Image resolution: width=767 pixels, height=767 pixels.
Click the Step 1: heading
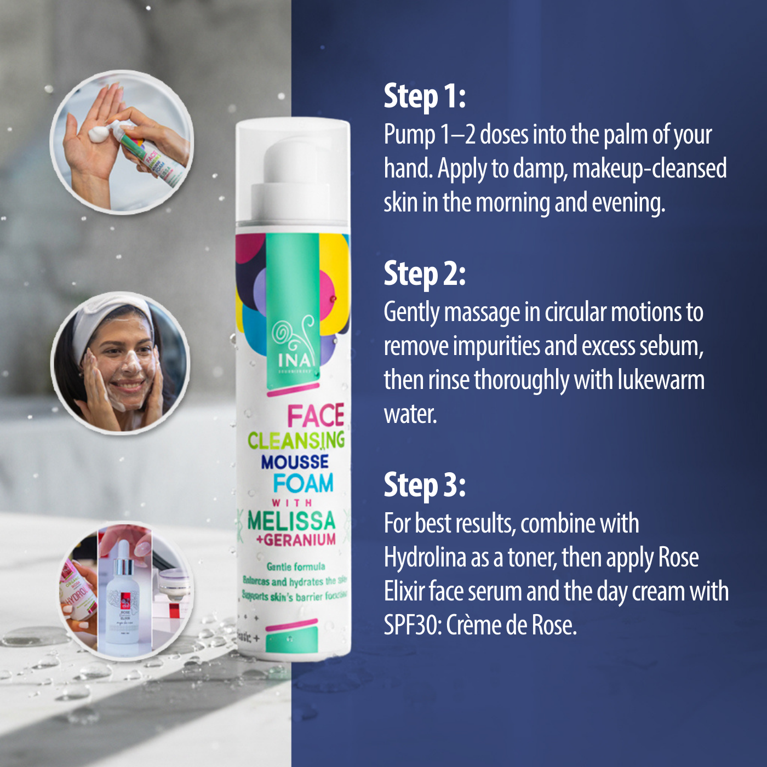tap(425, 96)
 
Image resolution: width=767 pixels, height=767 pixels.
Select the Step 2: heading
tap(425, 273)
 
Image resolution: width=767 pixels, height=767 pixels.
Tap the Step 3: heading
tap(425, 485)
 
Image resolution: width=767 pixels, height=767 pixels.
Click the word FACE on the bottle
tap(316, 416)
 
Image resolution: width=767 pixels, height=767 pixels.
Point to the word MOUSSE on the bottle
tap(295, 462)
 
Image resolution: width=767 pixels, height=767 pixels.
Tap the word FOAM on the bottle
tap(303, 483)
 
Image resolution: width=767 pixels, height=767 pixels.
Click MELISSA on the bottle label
tap(291, 520)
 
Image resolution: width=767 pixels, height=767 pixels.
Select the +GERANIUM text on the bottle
tap(296, 540)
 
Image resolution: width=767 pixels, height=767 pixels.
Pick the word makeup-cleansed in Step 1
tap(649, 168)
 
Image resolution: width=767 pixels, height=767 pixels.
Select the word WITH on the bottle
tap(292, 502)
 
